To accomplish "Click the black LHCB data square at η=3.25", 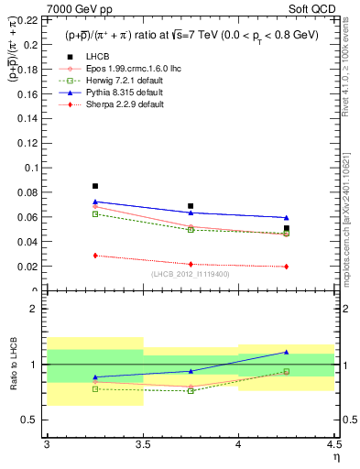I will pyautogui.click(x=94, y=186).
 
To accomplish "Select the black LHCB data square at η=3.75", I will pyautogui.click(x=191, y=206).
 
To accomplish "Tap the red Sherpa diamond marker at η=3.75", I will pyautogui.click(x=191, y=265).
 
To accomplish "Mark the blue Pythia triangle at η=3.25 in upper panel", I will pyautogui.click(x=94, y=202).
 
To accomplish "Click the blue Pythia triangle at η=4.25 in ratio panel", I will pyautogui.click(x=286, y=352).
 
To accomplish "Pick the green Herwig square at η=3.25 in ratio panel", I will pyautogui.click(x=94, y=389).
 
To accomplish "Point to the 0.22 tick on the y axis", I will pyautogui.click(x=29, y=18).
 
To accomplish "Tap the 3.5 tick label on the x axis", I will pyautogui.click(x=142, y=443).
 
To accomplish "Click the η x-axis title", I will pyautogui.click(x=335, y=455).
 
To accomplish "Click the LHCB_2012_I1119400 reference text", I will pyautogui.click(x=190, y=274).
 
